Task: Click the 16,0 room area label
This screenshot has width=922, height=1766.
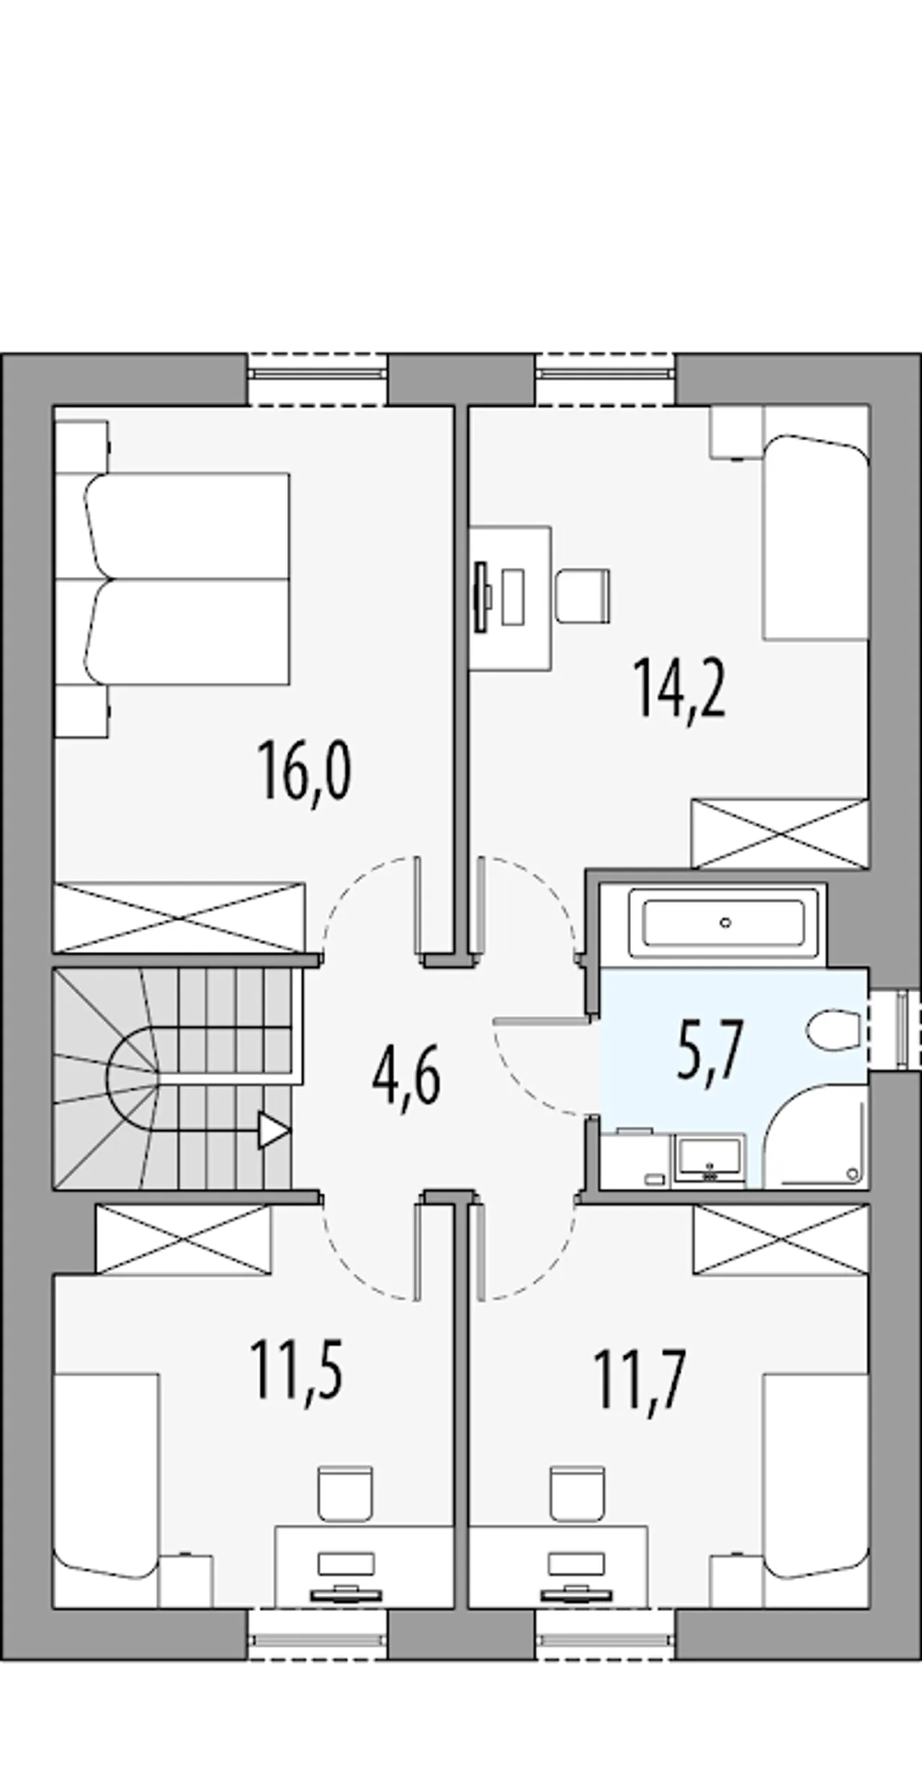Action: pyautogui.click(x=305, y=772)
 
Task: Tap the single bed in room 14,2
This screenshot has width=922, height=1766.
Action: pyautogui.click(x=816, y=537)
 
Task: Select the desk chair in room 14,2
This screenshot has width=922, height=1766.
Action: pyautogui.click(x=583, y=596)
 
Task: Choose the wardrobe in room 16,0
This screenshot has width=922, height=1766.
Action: pyautogui.click(x=180, y=917)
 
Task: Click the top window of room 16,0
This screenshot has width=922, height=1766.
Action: pyautogui.click(x=318, y=379)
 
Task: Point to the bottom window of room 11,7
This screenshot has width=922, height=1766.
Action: pyautogui.click(x=605, y=1634)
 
